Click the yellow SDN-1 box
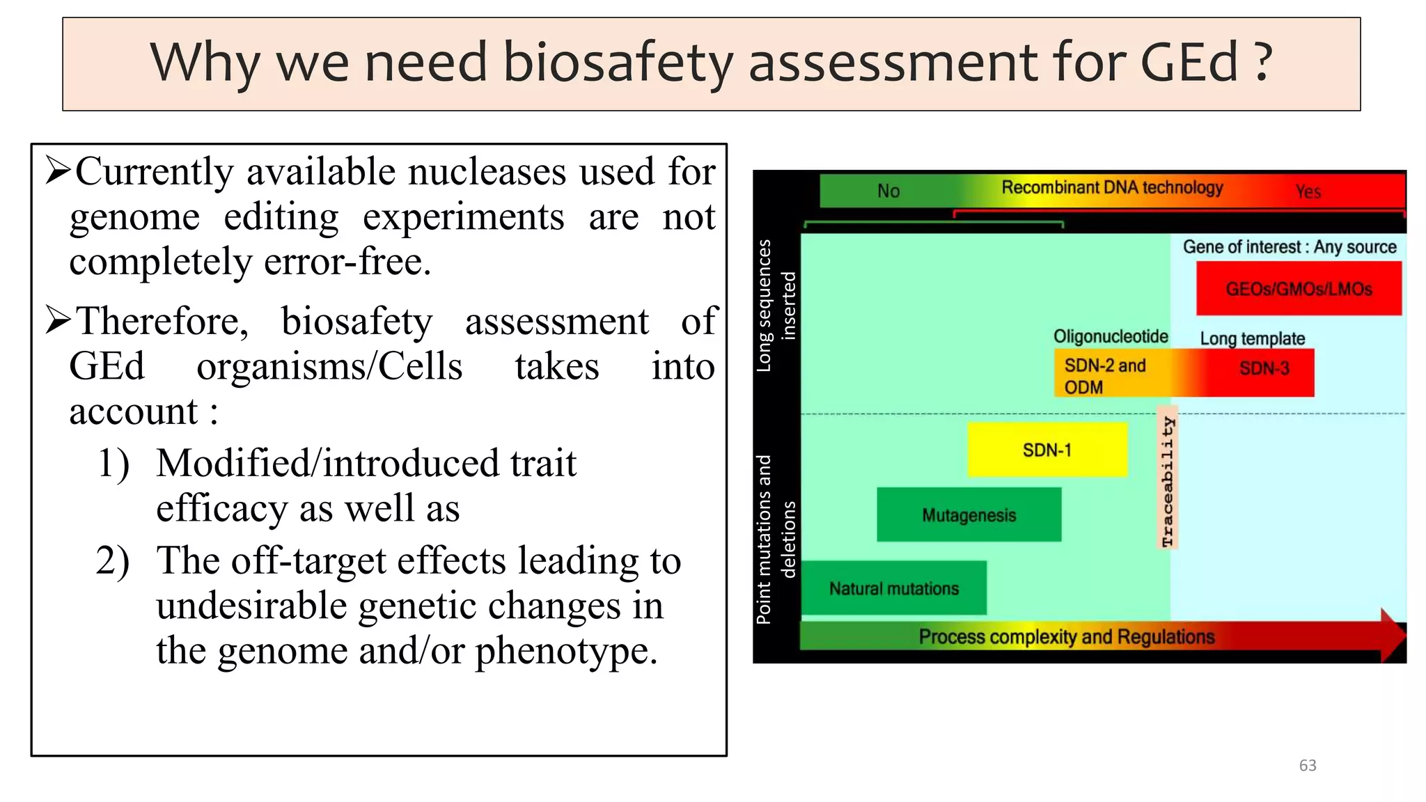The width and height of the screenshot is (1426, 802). click(1047, 450)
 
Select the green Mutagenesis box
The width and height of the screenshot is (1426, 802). click(969, 514)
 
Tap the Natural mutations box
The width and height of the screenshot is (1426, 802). click(893, 588)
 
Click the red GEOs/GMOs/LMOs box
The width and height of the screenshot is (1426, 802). click(1299, 288)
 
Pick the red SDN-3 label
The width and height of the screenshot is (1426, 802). click(1264, 368)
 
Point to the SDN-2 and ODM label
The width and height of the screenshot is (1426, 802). click(1104, 376)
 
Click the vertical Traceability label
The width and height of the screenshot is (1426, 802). click(1167, 480)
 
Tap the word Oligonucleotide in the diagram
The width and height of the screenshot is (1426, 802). click(1111, 336)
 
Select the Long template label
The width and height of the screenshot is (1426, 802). click(1252, 338)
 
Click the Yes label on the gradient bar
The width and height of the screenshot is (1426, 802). click(1308, 191)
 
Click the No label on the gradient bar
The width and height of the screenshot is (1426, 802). click(888, 191)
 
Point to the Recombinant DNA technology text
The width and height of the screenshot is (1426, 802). click(1112, 187)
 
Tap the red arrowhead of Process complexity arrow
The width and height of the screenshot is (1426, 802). click(1392, 634)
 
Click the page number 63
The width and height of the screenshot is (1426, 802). click(1307, 765)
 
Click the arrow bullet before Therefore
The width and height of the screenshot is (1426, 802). click(58, 320)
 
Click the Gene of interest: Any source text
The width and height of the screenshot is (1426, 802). click(1289, 247)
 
